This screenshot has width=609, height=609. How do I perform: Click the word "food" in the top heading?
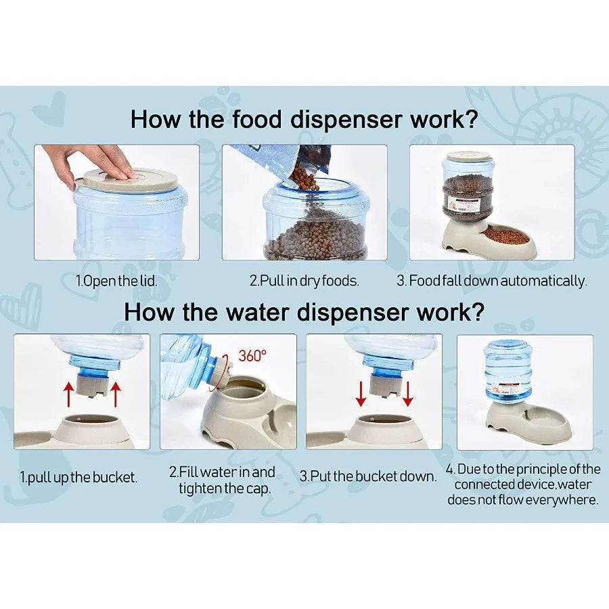pos(256,119)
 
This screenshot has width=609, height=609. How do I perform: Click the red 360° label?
pos(252,355)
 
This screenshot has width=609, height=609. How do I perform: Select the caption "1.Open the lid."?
pos(116,280)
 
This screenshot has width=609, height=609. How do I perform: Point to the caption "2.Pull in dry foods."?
pos(304,280)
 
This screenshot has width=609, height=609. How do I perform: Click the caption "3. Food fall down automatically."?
pos(492,280)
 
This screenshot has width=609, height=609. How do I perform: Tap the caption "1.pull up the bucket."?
pos(78,477)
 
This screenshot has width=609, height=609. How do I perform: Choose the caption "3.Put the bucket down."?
pos(368,476)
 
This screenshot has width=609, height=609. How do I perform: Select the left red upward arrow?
pos(69,394)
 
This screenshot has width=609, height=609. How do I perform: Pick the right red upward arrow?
pos(116,394)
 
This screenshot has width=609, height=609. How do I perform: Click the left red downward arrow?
pos(361,394)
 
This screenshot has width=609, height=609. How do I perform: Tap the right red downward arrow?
pos(407,394)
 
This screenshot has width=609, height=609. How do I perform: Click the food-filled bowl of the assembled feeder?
pos(506,235)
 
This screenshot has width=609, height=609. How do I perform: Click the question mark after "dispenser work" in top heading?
pos(471,119)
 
